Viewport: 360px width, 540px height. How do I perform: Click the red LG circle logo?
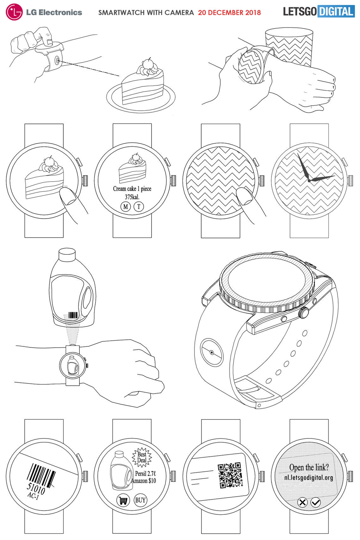click(x=14, y=12)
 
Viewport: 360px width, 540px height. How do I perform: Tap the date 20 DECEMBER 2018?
click(x=229, y=13)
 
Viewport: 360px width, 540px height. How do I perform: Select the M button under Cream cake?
click(x=126, y=207)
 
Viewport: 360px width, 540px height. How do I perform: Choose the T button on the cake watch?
click(x=139, y=207)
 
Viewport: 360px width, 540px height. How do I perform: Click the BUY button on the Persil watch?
click(x=140, y=500)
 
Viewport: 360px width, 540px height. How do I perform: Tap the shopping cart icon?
click(x=123, y=500)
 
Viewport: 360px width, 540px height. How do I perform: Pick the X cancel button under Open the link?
click(x=302, y=502)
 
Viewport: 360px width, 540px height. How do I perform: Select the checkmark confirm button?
click(x=316, y=502)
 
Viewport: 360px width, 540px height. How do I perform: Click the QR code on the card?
click(x=230, y=475)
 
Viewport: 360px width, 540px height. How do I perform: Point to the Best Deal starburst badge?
click(x=142, y=457)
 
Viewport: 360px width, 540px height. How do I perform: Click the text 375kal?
click(x=132, y=197)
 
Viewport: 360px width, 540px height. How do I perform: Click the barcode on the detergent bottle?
click(x=73, y=315)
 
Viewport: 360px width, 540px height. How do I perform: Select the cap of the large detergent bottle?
click(x=67, y=254)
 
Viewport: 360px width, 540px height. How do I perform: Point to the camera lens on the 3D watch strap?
click(x=212, y=352)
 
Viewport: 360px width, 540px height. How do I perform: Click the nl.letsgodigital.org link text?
click(x=309, y=477)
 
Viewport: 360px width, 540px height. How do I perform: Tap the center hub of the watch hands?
click(x=309, y=180)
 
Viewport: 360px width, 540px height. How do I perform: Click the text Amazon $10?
click(x=144, y=481)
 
